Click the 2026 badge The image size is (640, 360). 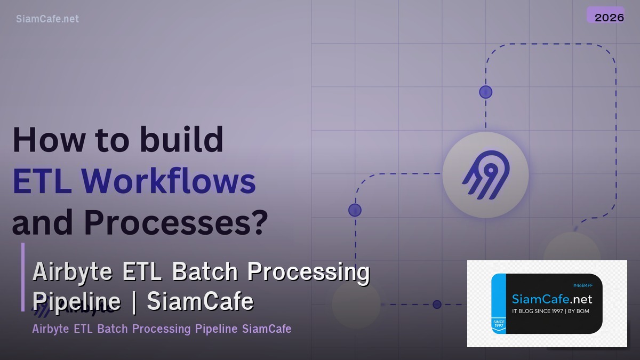tap(609, 17)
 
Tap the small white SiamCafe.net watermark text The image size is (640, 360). tap(47, 19)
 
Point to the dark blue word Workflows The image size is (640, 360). tap(169, 181)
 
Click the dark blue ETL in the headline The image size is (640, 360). tap(42, 181)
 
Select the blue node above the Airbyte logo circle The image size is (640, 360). tap(485, 92)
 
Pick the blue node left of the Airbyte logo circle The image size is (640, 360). tap(355, 210)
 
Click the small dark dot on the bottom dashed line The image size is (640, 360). tap(437, 305)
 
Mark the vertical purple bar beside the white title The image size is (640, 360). tap(23, 277)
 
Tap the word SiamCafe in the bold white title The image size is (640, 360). tap(200, 301)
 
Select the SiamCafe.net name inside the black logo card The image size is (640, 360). tap(551, 299)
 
